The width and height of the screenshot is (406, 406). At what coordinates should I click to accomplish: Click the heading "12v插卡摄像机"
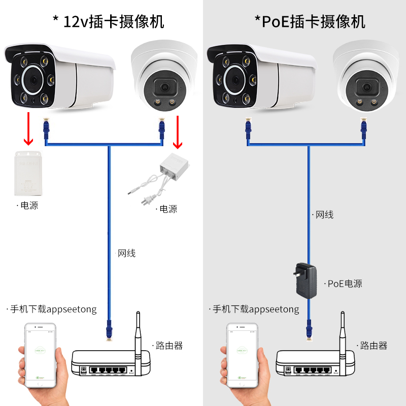(x=113, y=21)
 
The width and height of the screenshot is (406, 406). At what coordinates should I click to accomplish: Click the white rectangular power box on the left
(x=28, y=173)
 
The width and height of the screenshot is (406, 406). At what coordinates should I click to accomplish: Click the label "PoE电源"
(x=345, y=284)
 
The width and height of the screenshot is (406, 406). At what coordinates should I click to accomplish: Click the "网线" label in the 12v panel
(x=126, y=253)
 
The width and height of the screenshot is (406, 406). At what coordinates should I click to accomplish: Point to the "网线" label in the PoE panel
(x=324, y=215)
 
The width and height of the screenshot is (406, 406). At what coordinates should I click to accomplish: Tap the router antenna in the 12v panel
(x=138, y=335)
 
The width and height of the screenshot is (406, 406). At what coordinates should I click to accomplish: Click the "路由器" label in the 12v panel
(x=169, y=346)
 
